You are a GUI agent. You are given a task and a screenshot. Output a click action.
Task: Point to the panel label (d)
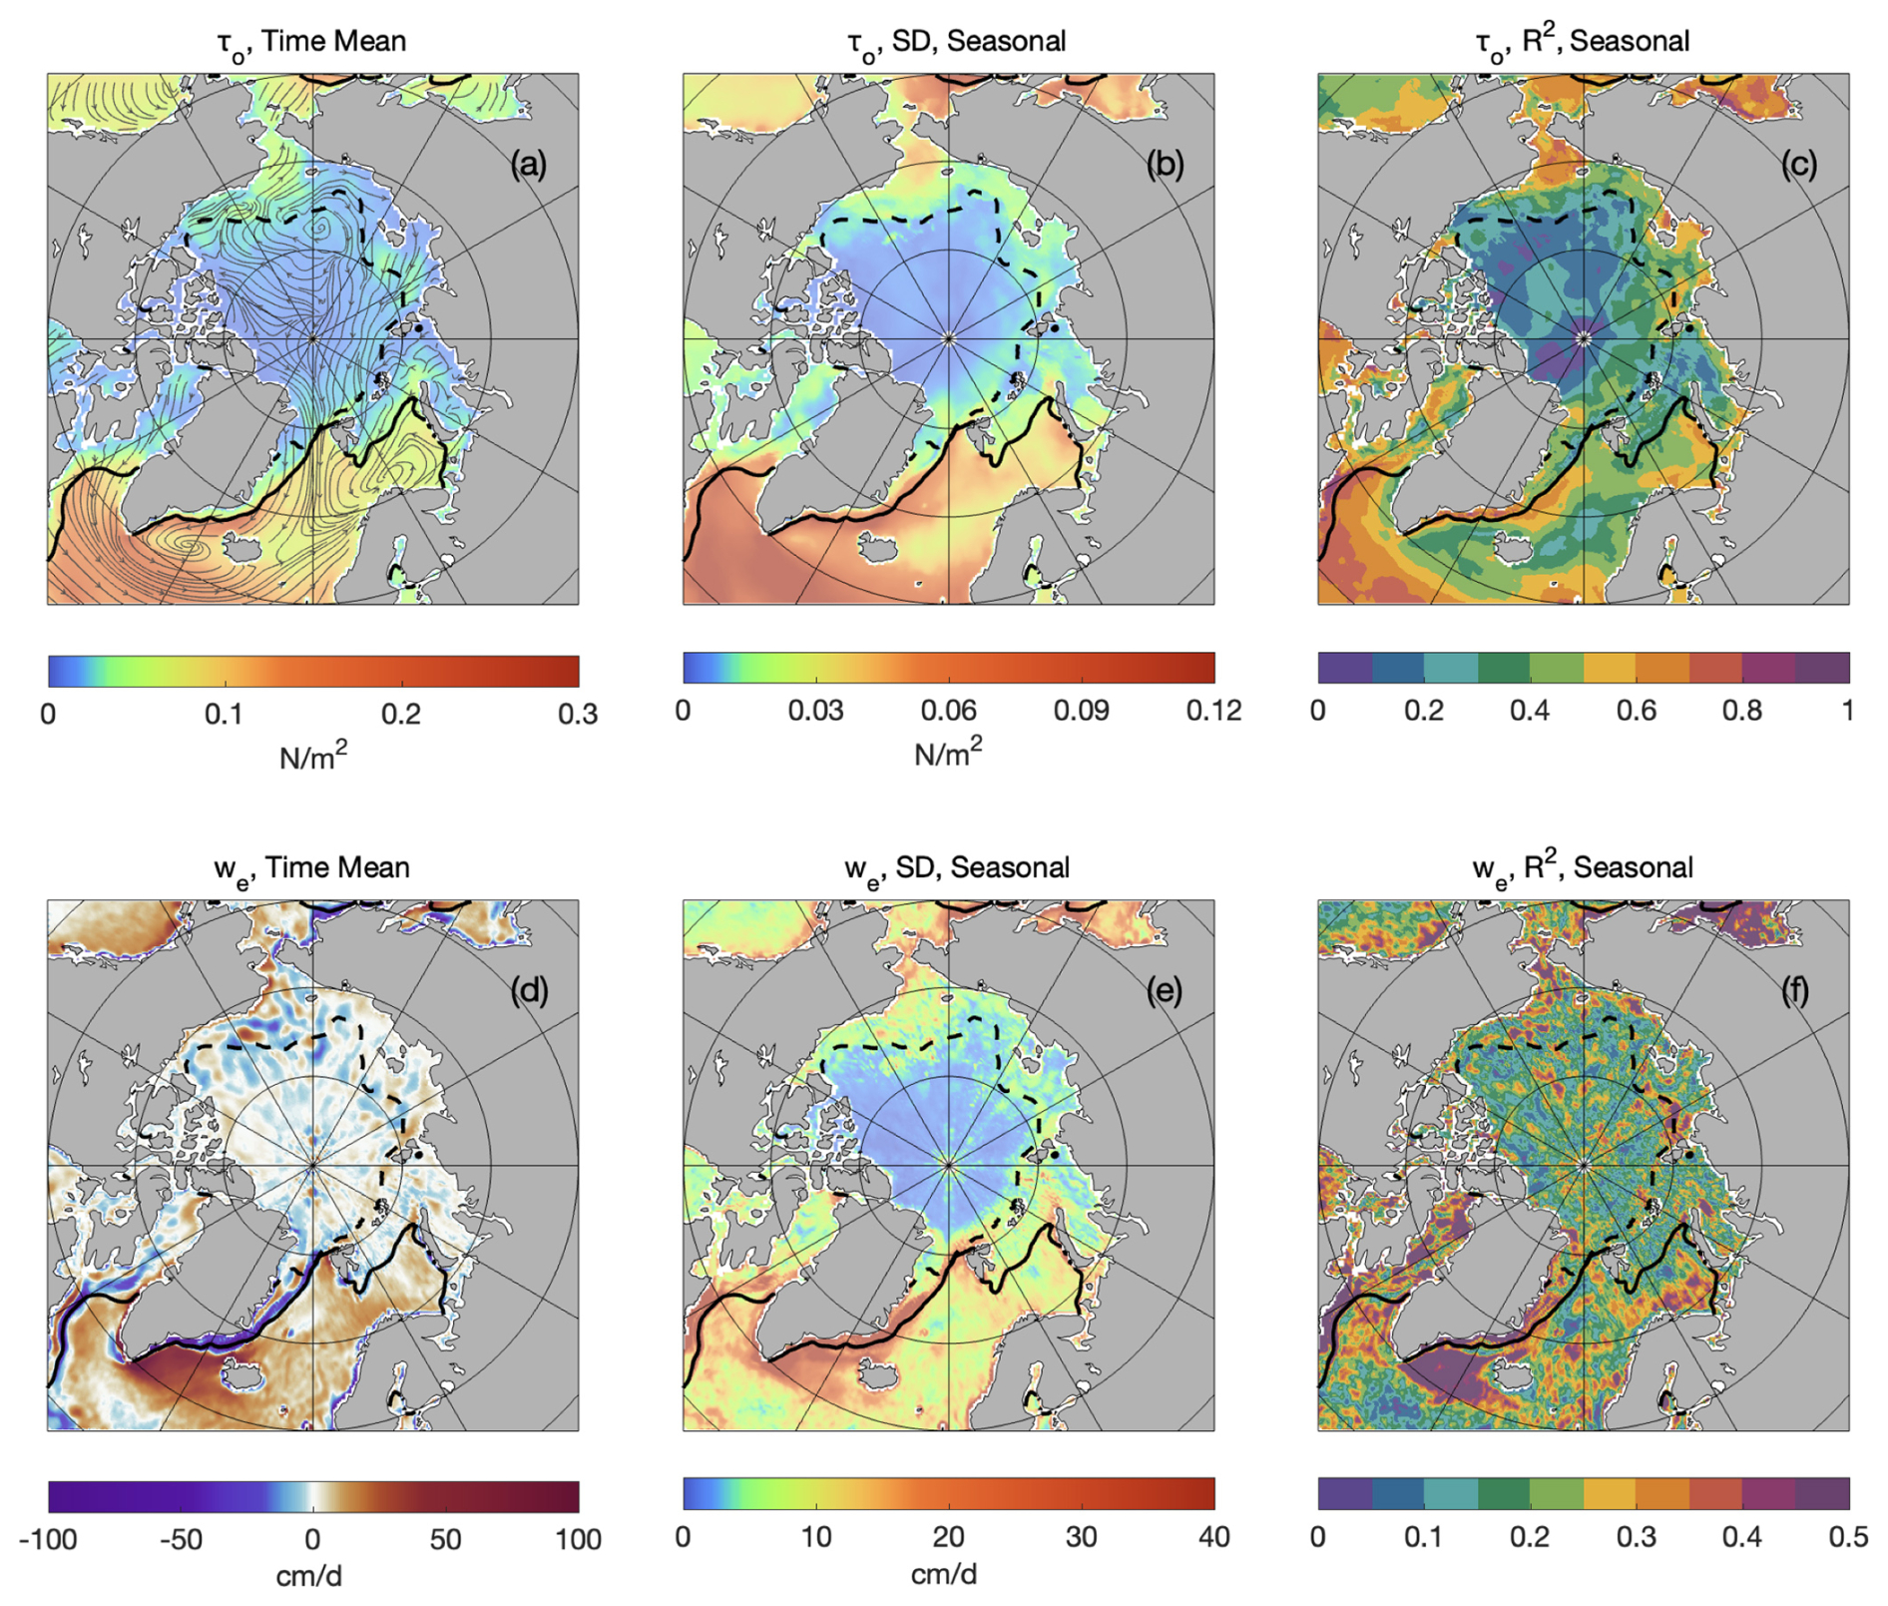tap(528, 991)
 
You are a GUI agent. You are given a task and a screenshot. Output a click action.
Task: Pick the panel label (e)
tap(1165, 991)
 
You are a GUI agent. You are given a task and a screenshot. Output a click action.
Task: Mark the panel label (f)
tap(1796, 991)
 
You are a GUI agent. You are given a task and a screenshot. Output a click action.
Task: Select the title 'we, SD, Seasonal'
tap(957, 868)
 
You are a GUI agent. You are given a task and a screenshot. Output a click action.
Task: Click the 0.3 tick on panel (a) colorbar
tap(578, 714)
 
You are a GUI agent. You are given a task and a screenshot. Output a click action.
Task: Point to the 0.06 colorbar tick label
tap(948, 711)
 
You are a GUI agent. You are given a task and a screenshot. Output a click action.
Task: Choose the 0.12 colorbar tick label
tap(1213, 711)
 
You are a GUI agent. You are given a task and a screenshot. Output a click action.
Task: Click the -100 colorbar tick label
tap(48, 1540)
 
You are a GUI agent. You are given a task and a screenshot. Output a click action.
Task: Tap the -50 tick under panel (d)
tap(181, 1540)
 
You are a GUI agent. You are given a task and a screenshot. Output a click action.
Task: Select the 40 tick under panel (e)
tap(1213, 1537)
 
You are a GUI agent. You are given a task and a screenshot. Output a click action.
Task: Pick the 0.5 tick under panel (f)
tap(1847, 1537)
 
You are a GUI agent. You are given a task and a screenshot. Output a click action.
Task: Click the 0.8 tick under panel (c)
tap(1741, 711)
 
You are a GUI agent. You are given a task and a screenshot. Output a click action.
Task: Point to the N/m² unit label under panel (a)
tap(313, 757)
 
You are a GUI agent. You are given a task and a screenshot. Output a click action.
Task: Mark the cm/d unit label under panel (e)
tap(944, 1575)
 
